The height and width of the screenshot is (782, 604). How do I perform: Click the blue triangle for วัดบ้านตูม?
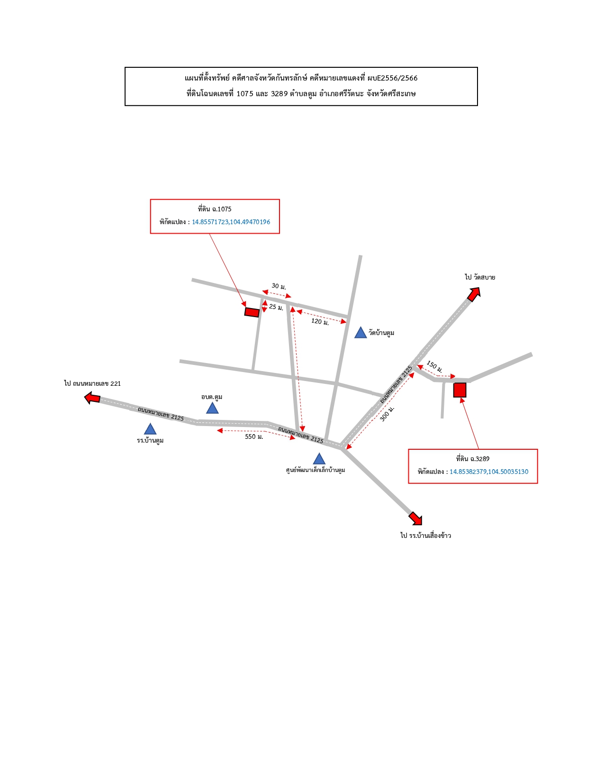pyautogui.click(x=361, y=333)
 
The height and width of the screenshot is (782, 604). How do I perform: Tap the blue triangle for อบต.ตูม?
pyautogui.click(x=212, y=409)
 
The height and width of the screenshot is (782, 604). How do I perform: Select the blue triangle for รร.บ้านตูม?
pyautogui.click(x=150, y=429)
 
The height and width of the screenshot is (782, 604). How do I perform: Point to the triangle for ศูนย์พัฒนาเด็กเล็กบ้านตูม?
pyautogui.click(x=319, y=459)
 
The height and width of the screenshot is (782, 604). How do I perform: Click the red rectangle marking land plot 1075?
pyautogui.click(x=252, y=312)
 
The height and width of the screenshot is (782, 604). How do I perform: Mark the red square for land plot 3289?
pyautogui.click(x=460, y=390)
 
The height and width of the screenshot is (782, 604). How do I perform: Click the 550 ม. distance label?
pyautogui.click(x=254, y=436)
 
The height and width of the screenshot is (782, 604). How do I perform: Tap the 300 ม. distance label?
pyautogui.click(x=387, y=414)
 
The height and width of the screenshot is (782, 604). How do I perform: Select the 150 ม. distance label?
pyautogui.click(x=434, y=366)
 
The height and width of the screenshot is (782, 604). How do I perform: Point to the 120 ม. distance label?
pyautogui.click(x=320, y=321)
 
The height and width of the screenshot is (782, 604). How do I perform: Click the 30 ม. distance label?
pyautogui.click(x=279, y=286)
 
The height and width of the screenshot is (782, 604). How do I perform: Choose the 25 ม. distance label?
pyautogui.click(x=276, y=307)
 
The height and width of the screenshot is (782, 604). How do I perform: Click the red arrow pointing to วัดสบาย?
pyautogui.click(x=474, y=294)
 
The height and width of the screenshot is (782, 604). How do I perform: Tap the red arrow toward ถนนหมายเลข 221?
pyautogui.click(x=92, y=398)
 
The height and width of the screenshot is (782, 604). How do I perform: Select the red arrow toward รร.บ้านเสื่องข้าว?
pyautogui.click(x=415, y=518)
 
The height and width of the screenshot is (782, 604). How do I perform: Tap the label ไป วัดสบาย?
pyautogui.click(x=480, y=277)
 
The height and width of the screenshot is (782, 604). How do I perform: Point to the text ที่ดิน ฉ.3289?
pyautogui.click(x=473, y=459)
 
